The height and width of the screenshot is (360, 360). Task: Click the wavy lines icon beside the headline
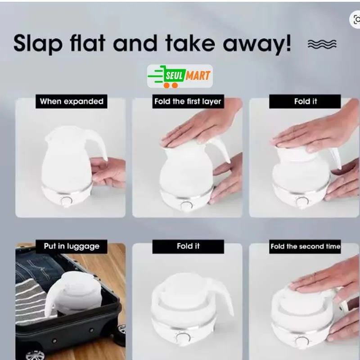322,44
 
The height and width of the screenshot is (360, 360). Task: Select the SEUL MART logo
180,76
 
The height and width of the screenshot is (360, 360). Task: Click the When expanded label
72,101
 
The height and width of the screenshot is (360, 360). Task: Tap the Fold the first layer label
188,101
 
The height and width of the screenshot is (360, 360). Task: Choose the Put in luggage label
72,246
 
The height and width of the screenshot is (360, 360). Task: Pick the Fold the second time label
305,246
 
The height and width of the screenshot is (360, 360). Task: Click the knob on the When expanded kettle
66,201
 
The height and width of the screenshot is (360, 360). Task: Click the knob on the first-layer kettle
186,206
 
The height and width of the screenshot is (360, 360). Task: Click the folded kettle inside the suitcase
74,293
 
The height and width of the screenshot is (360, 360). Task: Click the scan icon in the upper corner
355,20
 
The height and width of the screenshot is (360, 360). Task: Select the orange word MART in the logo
198,76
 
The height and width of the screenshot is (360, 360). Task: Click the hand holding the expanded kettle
108,171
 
